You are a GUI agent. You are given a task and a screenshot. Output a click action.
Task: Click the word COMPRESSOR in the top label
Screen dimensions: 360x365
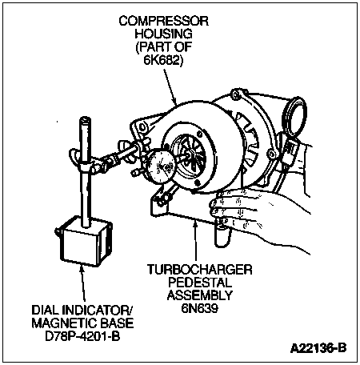(163, 21)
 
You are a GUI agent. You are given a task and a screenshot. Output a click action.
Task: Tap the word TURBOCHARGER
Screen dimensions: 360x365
(200, 270)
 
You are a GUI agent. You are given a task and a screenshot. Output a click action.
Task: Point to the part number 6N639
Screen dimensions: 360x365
(200, 308)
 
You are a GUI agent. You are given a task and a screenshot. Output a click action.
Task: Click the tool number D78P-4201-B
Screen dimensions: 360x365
(82, 336)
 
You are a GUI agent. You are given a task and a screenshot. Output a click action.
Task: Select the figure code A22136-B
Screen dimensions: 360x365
(318, 348)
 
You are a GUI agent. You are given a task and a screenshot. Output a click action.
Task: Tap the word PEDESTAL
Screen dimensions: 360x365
(200, 283)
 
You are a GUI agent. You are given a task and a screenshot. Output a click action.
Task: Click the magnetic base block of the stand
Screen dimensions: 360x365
(84, 242)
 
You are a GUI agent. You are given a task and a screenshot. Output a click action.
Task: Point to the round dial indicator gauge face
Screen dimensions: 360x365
(160, 166)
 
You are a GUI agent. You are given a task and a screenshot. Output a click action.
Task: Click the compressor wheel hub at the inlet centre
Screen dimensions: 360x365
(190, 153)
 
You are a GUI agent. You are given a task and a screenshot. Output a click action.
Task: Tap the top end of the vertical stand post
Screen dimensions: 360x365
(86, 119)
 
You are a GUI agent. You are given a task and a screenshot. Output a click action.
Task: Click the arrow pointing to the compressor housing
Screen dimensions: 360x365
(170, 86)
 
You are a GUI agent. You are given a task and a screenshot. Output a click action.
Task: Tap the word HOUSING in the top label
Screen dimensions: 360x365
(163, 34)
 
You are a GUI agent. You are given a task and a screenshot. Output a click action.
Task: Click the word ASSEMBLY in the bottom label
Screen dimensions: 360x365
(200, 295)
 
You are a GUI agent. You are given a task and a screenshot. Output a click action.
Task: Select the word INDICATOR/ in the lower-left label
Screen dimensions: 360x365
(98, 310)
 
